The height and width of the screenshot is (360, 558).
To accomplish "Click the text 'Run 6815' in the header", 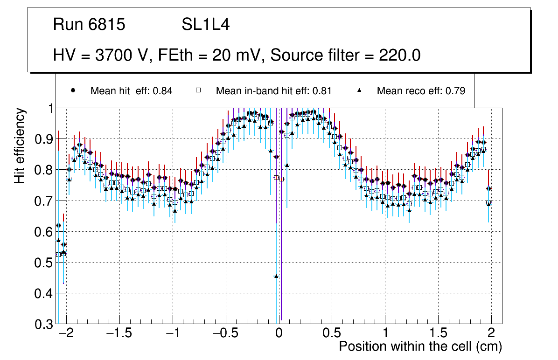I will [89, 25].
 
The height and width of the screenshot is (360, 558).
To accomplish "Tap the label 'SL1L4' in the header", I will [205, 25].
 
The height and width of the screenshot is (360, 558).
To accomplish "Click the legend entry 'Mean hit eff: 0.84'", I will [131, 91].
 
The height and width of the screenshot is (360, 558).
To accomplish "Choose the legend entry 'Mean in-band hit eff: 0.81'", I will [273, 91].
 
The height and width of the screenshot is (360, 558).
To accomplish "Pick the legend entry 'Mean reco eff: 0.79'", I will [420, 91].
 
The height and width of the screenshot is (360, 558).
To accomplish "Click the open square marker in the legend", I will [198, 90].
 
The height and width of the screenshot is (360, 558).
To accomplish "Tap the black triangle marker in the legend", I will [360, 90].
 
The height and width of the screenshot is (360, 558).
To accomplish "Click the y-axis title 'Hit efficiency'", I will [20, 145].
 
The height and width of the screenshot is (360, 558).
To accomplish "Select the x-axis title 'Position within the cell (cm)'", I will [420, 346].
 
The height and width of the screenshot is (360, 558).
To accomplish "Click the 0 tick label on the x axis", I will [279, 334].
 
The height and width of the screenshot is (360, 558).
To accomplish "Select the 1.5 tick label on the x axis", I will [438, 334].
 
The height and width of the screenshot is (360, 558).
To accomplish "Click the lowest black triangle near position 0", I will [276, 276].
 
